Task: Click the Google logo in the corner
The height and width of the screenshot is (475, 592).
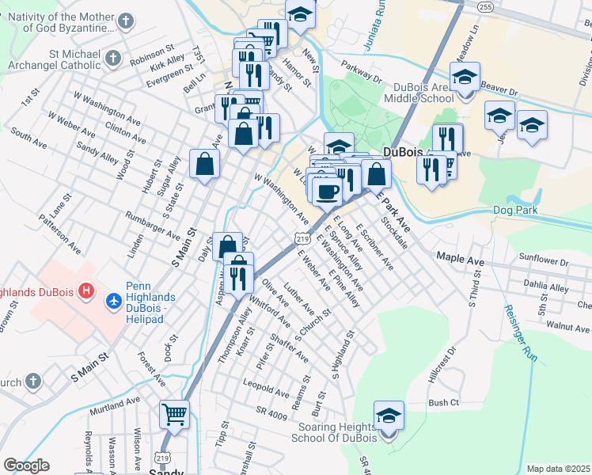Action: [26, 465]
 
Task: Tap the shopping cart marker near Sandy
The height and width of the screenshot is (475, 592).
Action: [174, 414]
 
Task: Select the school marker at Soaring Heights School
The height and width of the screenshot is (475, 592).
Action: [389, 416]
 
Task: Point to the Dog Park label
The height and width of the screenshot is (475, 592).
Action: [514, 210]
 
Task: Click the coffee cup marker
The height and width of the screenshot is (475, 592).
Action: [327, 190]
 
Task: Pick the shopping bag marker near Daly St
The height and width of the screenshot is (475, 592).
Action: [227, 247]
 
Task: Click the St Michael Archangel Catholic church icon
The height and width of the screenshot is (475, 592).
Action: [112, 59]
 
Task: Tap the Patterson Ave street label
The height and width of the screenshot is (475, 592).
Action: [63, 237]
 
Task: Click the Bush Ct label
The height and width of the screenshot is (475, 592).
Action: [443, 403]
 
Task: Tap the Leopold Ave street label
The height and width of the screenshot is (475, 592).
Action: [267, 391]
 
